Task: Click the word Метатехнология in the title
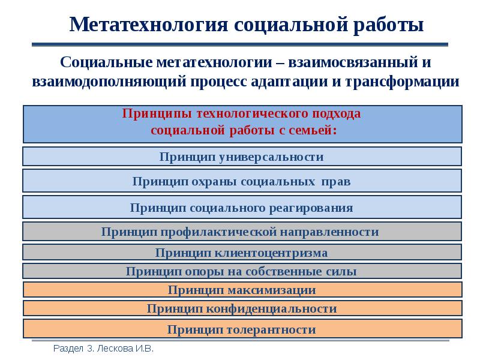pos(147,25)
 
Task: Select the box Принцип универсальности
pos(242,157)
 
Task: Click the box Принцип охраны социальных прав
pos(242,181)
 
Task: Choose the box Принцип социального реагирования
pos(242,208)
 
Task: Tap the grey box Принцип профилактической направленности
pos(242,232)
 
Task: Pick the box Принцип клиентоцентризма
pos(242,253)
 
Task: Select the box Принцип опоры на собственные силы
pos(242,271)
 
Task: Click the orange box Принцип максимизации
pos(242,290)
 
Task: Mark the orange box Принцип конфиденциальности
pos(242,309)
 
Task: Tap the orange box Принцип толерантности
pos(242,329)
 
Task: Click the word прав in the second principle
pos(337,181)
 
